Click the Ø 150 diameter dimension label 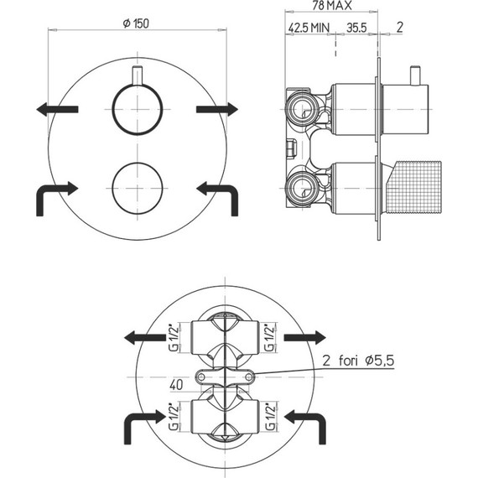[x=136, y=23]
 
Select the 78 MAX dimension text [x=332, y=5]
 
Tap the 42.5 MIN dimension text [x=309, y=28]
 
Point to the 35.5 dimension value [x=356, y=28]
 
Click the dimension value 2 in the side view [x=399, y=28]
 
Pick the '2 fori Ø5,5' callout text [x=358, y=361]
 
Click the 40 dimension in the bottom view [x=176, y=385]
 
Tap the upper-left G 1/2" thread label [x=174, y=338]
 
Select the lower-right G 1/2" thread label [x=270, y=417]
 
